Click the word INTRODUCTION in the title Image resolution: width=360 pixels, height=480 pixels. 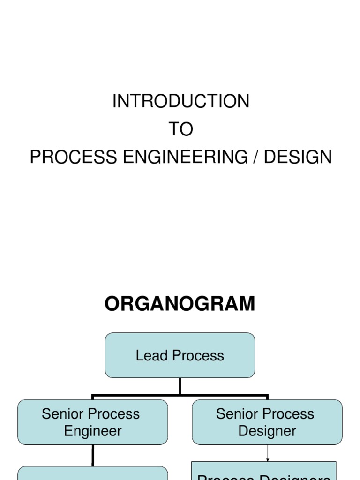180,101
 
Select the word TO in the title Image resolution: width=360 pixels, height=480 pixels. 180,129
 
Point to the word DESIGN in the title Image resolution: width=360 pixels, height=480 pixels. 298,157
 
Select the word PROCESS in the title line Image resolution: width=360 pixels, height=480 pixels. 73,157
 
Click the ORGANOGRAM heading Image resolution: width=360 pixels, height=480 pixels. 180,304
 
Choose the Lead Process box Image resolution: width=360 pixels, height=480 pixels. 180,355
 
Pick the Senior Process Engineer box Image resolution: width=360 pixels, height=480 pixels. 93,422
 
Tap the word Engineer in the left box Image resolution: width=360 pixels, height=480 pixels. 93,431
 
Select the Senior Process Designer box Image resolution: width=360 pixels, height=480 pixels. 267,422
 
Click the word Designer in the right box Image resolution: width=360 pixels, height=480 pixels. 267,431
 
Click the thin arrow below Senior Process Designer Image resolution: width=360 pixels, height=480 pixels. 268,453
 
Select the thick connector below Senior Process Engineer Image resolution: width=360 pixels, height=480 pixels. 93,455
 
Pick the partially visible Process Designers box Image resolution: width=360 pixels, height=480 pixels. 264,472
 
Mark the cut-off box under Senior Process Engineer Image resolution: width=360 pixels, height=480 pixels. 93,473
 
